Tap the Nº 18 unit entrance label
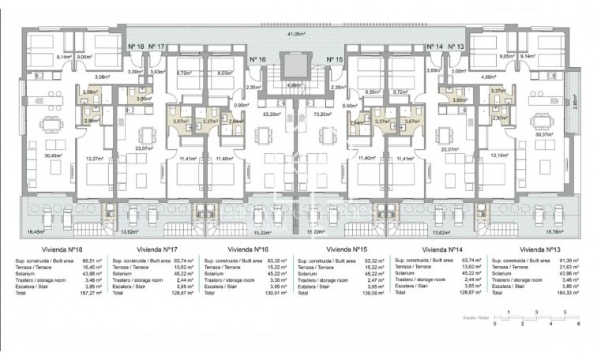[136, 47]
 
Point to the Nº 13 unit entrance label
[458, 47]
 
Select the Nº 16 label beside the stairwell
[257, 60]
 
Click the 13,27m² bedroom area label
[94, 159]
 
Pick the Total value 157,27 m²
[94, 292]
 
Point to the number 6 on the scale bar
[578, 324]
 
